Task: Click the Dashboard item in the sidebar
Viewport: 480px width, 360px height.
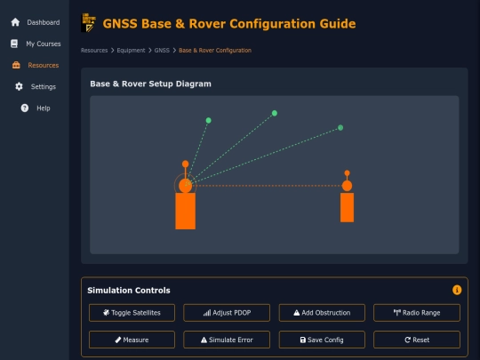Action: (x=35, y=22)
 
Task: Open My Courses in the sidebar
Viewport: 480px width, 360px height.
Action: (x=35, y=44)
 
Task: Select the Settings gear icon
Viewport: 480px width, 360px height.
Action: (x=19, y=86)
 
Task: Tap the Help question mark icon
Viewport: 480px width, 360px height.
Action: (x=25, y=108)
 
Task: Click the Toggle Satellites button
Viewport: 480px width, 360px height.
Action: (x=132, y=313)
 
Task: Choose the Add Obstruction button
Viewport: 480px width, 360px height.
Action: (x=322, y=313)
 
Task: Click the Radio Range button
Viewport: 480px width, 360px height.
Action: (x=417, y=313)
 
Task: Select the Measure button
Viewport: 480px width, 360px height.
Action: (x=132, y=340)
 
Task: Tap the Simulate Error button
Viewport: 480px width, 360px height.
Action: (x=227, y=340)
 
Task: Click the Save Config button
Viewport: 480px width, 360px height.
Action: (x=322, y=340)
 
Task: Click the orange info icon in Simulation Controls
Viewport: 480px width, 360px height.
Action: (x=457, y=290)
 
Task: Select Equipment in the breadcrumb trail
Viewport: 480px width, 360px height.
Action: (x=131, y=50)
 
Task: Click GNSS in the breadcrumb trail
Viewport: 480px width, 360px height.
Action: (x=162, y=50)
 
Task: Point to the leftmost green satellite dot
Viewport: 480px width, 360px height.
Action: (x=209, y=120)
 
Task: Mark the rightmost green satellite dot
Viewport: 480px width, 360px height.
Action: (x=340, y=128)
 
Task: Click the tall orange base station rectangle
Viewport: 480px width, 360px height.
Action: (x=185, y=211)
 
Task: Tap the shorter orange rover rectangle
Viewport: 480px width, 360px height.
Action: (x=347, y=207)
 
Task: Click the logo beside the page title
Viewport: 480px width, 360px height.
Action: (x=89, y=22)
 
